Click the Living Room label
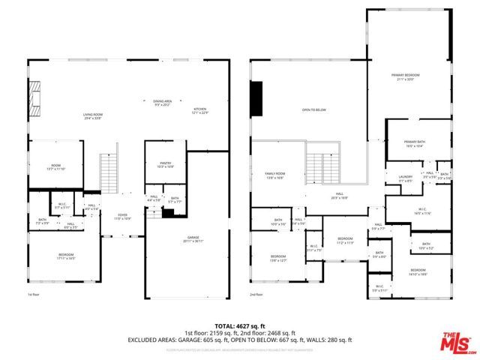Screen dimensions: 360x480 (92, 115)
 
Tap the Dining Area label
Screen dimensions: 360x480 (163, 103)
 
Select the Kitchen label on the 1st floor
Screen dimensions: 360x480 (200, 110)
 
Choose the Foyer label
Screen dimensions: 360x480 (122, 217)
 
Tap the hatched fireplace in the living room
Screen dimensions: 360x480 (34, 94)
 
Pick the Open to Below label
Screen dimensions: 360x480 (313, 110)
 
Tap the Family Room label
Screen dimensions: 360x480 (274, 175)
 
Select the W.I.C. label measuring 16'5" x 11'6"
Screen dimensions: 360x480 (421, 211)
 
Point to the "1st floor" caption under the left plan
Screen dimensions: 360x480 (34, 295)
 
